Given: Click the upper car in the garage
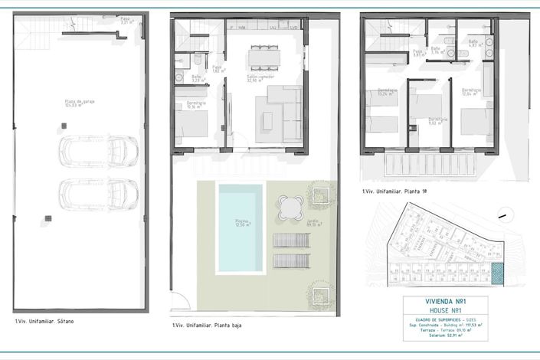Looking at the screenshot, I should point(99,149).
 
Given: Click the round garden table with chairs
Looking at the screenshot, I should point(291,207).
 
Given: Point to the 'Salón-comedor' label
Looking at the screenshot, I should point(260,79).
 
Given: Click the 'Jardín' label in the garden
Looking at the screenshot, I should point(315,224).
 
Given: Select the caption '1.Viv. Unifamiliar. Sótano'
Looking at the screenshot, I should point(44,322).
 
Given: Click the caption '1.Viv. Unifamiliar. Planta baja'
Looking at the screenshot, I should point(208,326).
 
